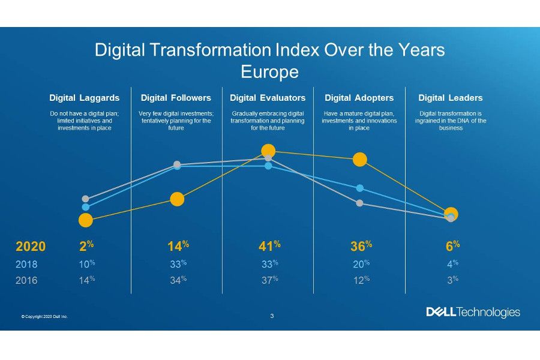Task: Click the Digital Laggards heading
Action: tap(85, 98)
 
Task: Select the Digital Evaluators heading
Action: tap(268, 98)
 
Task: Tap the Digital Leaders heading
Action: tap(450, 98)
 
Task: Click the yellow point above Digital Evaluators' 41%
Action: tap(268, 151)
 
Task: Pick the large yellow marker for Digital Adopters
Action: tap(359, 160)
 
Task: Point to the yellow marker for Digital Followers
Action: tap(177, 199)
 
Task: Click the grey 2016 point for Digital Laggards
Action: tap(86, 199)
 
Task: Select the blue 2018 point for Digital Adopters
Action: tap(359, 188)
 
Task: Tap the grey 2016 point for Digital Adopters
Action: tap(359, 203)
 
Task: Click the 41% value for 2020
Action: tap(267, 246)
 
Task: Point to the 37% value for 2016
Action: tap(268, 280)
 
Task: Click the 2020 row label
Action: tap(30, 247)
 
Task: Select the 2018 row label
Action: tap(27, 264)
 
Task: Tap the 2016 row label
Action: tap(27, 280)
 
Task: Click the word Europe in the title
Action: tap(269, 72)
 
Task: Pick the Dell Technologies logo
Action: tap(473, 312)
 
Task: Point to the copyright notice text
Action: tap(44, 316)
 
